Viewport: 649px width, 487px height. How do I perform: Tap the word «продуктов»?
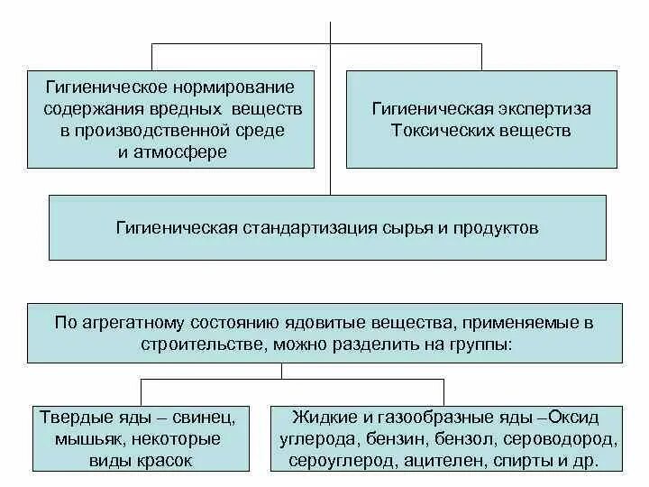495,229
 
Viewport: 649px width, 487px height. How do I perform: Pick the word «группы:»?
480,344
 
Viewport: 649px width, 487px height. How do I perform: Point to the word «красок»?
169,460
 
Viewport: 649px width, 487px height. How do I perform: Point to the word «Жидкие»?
318,418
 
